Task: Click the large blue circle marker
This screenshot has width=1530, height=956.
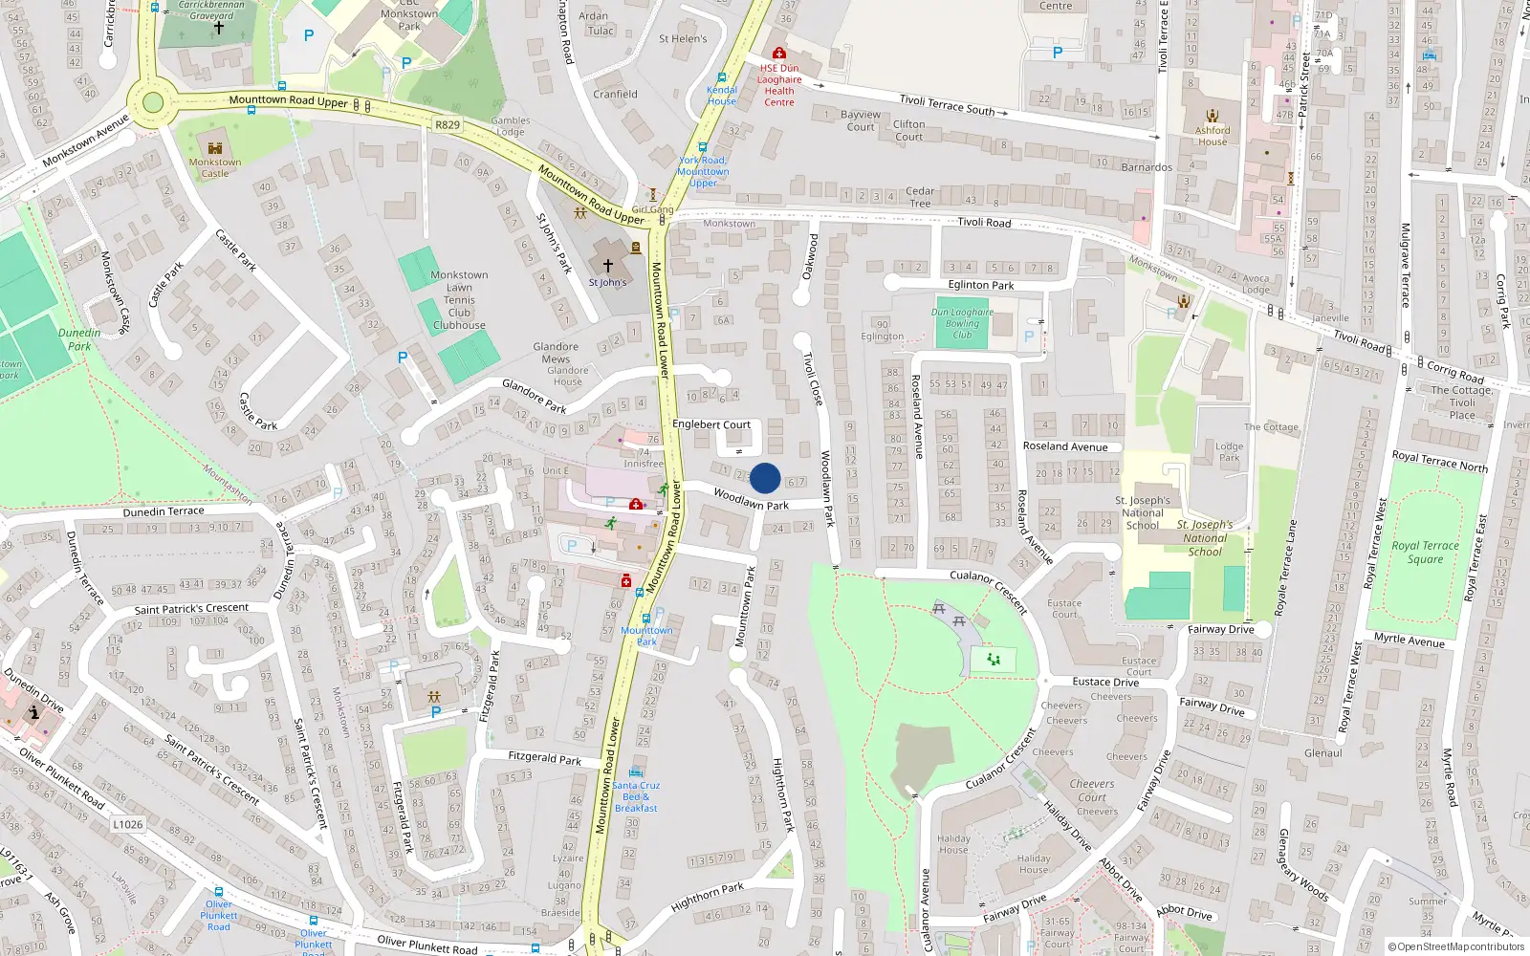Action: click(x=765, y=478)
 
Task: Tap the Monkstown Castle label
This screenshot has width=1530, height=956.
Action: click(x=215, y=167)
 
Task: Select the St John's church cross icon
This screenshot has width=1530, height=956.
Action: click(x=607, y=265)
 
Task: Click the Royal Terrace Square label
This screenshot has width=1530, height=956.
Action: click(x=1425, y=553)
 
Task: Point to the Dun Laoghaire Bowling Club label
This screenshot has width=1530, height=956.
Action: click(x=962, y=323)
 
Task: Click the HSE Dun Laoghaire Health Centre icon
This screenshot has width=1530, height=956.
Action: click(x=779, y=54)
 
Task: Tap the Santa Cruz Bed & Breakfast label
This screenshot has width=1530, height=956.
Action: click(x=636, y=796)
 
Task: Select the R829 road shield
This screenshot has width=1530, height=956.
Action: click(x=448, y=125)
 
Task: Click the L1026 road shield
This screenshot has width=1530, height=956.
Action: click(x=128, y=824)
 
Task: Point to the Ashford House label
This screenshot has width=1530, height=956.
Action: click(x=1213, y=136)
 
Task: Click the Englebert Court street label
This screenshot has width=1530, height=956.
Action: click(x=711, y=424)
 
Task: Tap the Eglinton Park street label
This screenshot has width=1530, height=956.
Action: click(x=981, y=285)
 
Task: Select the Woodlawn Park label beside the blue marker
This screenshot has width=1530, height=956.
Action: click(x=752, y=500)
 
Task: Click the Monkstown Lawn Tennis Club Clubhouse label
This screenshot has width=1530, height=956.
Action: click(x=459, y=300)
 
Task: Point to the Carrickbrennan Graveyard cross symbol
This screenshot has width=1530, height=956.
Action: click(x=219, y=28)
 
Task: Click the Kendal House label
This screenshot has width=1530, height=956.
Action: click(x=722, y=96)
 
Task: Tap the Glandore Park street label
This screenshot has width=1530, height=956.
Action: click(x=534, y=396)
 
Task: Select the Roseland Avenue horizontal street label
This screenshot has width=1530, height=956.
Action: click(x=1065, y=446)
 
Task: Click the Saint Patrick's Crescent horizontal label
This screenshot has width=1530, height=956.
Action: click(x=191, y=609)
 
